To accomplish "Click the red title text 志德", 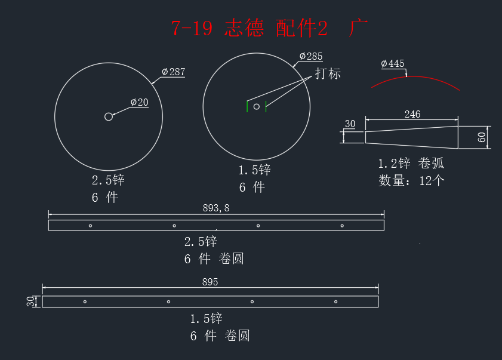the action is pyautogui.click(x=244, y=28).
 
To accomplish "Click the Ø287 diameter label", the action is pyautogui.click(x=174, y=72).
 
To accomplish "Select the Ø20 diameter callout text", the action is pyautogui.click(x=140, y=102).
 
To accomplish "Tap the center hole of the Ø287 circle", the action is pyautogui.click(x=109, y=116).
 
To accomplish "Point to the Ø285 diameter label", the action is pyautogui.click(x=311, y=56).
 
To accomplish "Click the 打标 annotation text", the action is pyautogui.click(x=328, y=73).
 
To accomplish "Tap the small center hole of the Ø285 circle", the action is pyautogui.click(x=257, y=107).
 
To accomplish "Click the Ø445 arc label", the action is pyautogui.click(x=393, y=63).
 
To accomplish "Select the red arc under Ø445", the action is pyautogui.click(x=414, y=76).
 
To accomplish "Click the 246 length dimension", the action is pyautogui.click(x=412, y=114).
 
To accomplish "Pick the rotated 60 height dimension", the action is pyautogui.click(x=482, y=137).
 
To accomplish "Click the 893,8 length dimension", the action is pyautogui.click(x=216, y=208).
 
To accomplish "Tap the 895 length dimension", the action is pyautogui.click(x=210, y=282).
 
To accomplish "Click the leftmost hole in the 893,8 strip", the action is pyautogui.click(x=90, y=226).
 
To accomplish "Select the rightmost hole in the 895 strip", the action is pyautogui.click(x=335, y=301).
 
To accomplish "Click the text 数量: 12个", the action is pyautogui.click(x=411, y=181).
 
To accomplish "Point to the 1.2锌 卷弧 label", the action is pyautogui.click(x=411, y=164).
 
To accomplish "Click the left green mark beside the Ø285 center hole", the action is pyautogui.click(x=247, y=106).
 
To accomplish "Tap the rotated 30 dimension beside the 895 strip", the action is pyautogui.click(x=30, y=301).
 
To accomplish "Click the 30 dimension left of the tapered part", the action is pyautogui.click(x=350, y=124).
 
